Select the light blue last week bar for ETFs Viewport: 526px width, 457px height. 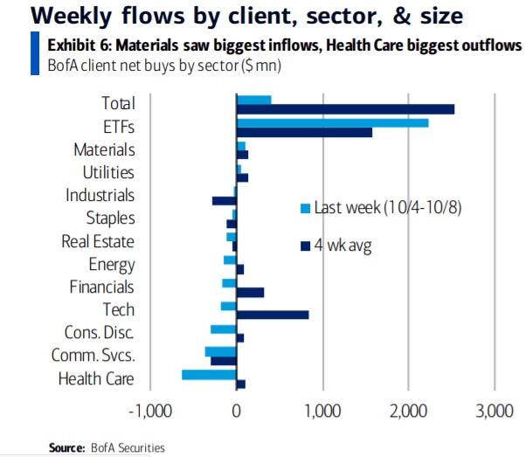[x=332, y=122]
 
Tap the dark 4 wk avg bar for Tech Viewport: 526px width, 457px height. [x=273, y=315]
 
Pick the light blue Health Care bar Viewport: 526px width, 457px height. [x=209, y=374]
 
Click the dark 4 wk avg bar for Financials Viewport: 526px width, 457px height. [x=250, y=292]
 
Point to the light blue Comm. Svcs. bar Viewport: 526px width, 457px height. [x=220, y=351]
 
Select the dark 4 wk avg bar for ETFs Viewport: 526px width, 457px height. [x=304, y=132]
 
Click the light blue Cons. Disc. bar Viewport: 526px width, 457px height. [x=223, y=329]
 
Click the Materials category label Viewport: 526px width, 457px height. [x=104, y=150]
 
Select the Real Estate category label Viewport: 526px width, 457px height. [x=98, y=241]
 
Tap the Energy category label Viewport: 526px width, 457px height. [x=112, y=264]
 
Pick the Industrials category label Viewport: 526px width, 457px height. [x=100, y=196]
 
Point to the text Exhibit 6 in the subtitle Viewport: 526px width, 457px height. [x=73, y=45]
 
